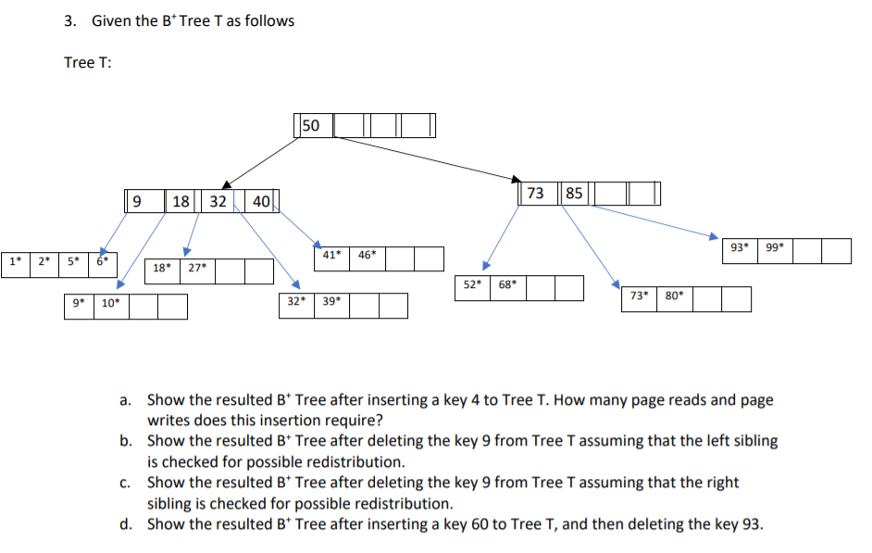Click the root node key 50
tap(311, 125)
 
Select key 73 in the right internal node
tap(535, 194)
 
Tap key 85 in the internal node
tap(574, 194)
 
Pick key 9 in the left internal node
tap(137, 200)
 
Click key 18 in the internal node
tap(181, 200)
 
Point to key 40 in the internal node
tap(260, 200)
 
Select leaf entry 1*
tap(14, 261)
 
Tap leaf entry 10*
tap(110, 303)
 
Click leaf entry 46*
tap(367, 254)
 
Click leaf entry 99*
tap(774, 247)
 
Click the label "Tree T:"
tap(88, 63)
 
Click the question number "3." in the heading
tap(71, 20)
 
